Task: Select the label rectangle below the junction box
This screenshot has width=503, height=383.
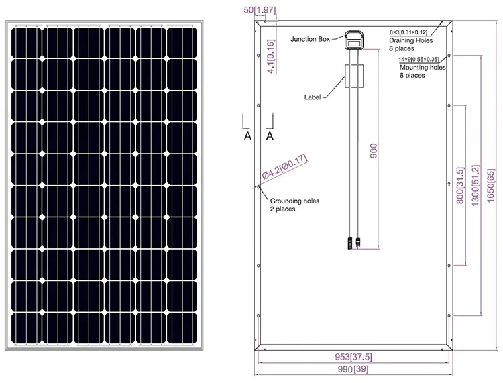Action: click(354, 77)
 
